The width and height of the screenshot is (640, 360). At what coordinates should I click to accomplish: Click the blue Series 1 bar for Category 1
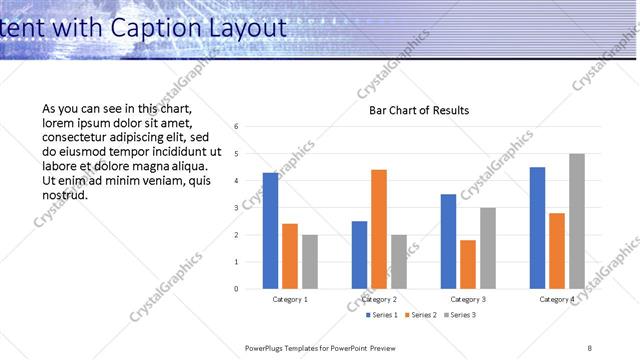271,231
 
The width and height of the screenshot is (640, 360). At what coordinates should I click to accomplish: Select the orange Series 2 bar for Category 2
379,229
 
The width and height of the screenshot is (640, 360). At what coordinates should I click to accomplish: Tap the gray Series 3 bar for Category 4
577,221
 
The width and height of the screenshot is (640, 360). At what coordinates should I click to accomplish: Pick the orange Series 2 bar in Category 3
468,264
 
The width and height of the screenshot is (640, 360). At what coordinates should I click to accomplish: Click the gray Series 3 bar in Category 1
310,262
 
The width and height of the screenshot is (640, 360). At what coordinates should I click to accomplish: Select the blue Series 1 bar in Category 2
360,255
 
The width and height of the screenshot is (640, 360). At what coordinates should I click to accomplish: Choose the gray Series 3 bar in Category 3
487,248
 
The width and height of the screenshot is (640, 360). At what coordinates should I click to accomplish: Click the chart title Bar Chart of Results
412,111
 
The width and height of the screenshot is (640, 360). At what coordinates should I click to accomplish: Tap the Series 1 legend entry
381,315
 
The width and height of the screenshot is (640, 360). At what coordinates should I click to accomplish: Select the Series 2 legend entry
420,315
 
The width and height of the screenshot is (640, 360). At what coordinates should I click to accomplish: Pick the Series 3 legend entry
459,315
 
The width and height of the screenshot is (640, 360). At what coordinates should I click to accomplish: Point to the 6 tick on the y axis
236,127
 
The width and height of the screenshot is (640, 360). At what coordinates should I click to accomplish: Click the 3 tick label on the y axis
236,208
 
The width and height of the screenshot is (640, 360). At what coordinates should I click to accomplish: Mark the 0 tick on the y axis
236,289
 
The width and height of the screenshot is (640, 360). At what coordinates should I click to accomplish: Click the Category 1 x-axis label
290,299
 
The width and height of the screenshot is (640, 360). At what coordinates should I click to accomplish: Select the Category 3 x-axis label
468,299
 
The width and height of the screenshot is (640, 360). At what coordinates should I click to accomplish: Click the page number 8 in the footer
590,347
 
